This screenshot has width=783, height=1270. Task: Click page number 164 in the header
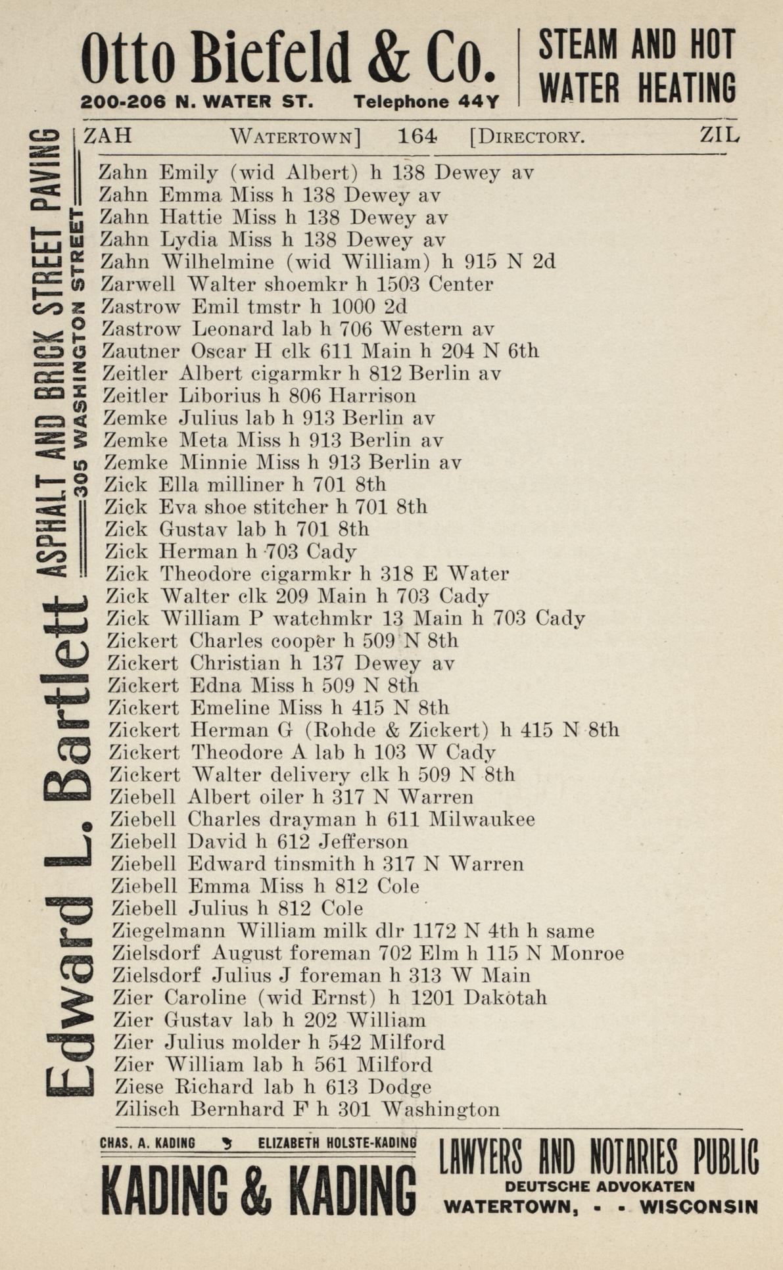417,136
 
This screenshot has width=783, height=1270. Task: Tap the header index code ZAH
108,135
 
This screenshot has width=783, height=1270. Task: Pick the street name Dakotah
505,998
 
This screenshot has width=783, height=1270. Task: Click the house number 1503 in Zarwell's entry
392,284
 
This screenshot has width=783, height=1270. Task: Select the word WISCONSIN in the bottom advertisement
698,1207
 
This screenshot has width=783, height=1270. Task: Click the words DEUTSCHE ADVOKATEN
600,1187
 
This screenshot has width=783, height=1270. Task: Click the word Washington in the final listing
440,1110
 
